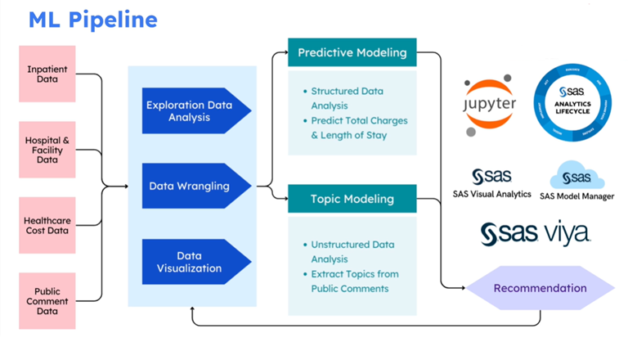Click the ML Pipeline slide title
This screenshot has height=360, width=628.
click(93, 19)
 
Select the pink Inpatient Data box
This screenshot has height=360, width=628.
click(47, 74)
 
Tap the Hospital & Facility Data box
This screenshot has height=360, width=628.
click(47, 151)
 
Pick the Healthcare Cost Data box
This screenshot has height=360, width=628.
click(47, 225)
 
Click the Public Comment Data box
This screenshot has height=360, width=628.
click(47, 301)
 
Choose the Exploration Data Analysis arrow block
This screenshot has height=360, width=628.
click(195, 111)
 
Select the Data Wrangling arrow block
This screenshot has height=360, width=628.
click(195, 186)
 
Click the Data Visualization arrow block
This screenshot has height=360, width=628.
click(195, 262)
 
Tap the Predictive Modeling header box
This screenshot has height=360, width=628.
click(352, 52)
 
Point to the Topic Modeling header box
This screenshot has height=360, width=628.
click(352, 199)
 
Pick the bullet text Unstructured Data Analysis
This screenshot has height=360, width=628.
click(352, 251)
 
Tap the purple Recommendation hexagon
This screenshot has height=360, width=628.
click(540, 288)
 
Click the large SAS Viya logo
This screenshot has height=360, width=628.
click(535, 233)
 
